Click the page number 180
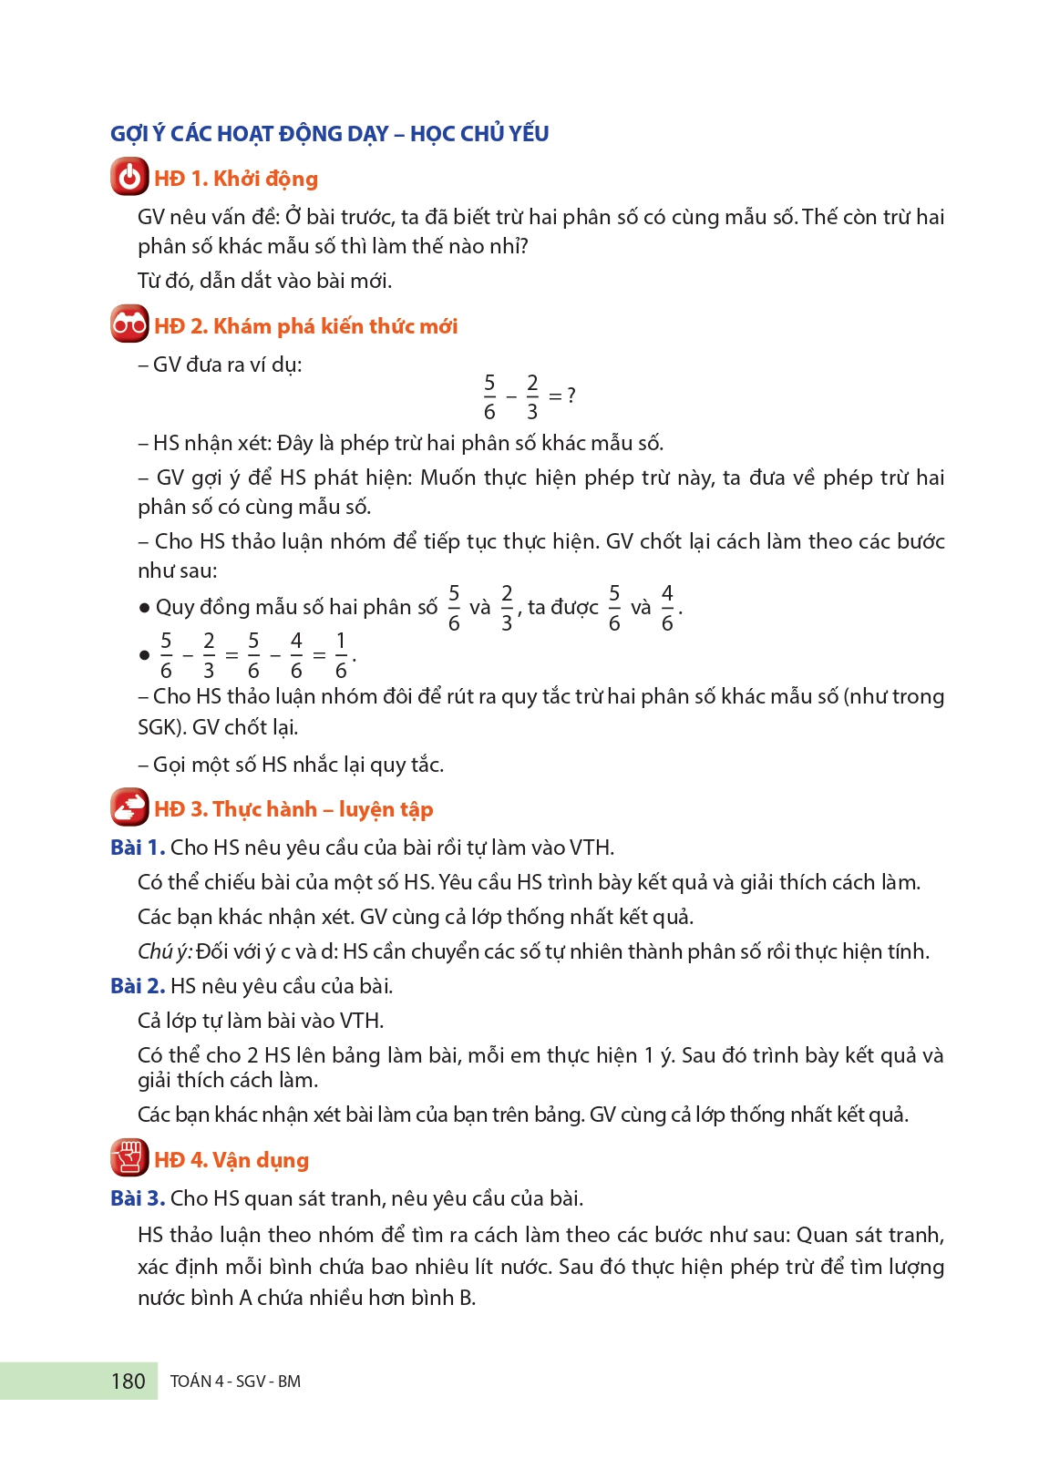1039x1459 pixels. pyautogui.click(x=128, y=1382)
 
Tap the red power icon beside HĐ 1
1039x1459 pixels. pyautogui.click(x=129, y=177)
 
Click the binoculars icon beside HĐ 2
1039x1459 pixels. pyautogui.click(x=129, y=324)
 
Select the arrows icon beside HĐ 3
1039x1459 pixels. pyautogui.click(x=129, y=807)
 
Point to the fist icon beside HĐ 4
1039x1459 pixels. pyautogui.click(x=129, y=1158)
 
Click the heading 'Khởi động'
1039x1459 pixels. pyautogui.click(x=265, y=179)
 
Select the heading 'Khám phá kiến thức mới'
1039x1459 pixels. pyautogui.click(x=335, y=326)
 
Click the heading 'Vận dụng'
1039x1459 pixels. pyautogui.click(x=261, y=1160)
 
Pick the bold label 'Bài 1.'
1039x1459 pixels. pyautogui.click(x=138, y=848)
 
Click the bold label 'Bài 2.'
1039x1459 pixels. pyautogui.click(x=138, y=986)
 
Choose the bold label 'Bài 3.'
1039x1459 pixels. pyautogui.click(x=138, y=1198)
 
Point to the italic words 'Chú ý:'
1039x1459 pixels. pyautogui.click(x=165, y=951)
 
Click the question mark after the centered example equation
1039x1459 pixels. pyautogui.click(x=571, y=396)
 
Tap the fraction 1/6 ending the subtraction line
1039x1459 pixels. pyautogui.click(x=341, y=655)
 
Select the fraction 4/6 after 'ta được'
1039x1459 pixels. pyautogui.click(x=667, y=608)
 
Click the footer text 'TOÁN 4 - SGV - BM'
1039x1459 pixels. pyautogui.click(x=235, y=1382)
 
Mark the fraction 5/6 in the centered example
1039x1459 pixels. pyautogui.click(x=489, y=396)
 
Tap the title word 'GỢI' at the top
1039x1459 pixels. pyautogui.click(x=129, y=134)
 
